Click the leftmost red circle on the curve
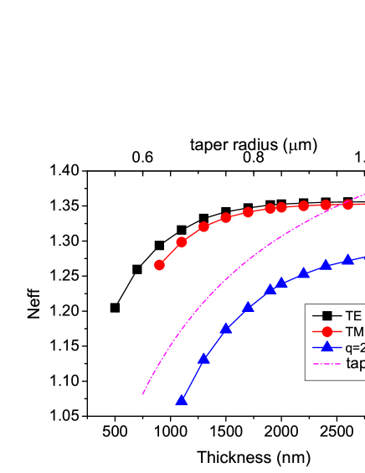point(159,265)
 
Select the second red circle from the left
point(182,242)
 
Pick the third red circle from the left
point(203,227)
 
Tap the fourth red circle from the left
point(226,218)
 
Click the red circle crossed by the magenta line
point(348,204)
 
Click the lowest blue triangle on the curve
point(181,401)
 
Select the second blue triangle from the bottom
point(203,358)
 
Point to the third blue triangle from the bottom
point(226,328)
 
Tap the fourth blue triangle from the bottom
point(248,307)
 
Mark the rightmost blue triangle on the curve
point(348,259)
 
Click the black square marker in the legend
point(327,316)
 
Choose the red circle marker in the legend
point(327,332)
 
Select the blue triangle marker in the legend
point(327,347)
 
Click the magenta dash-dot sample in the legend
point(327,363)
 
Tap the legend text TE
point(353,316)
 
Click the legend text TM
point(354,332)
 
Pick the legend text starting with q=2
point(355,347)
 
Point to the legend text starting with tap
point(355,363)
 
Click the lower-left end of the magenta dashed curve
point(143,393)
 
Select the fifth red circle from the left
point(249,212)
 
